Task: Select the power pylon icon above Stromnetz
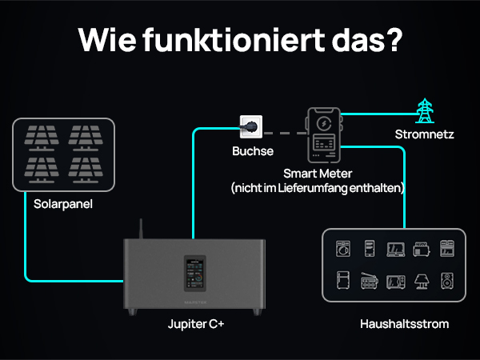tap(424, 110)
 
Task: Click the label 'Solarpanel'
tap(63, 204)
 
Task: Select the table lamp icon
tap(421, 281)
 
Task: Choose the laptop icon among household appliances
tap(395, 250)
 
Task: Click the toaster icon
tap(421, 250)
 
